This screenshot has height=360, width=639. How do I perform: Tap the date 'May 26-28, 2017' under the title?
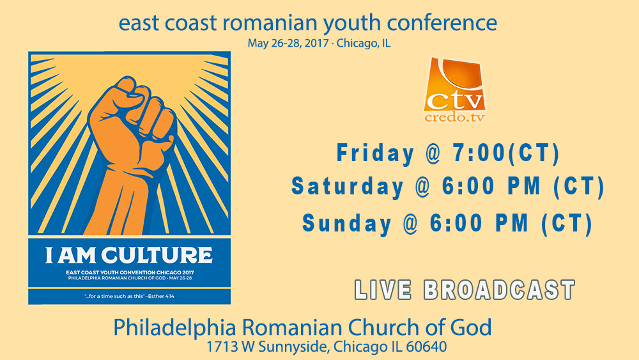(x=288, y=43)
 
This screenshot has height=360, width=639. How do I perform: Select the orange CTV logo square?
(x=454, y=84)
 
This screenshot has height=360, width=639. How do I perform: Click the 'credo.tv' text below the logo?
(x=454, y=118)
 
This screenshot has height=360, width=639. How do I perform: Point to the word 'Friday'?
(x=375, y=153)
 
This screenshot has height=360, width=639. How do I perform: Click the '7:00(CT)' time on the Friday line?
(x=505, y=153)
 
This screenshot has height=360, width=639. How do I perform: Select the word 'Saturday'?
(x=347, y=187)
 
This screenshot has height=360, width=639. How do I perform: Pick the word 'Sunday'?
(x=347, y=224)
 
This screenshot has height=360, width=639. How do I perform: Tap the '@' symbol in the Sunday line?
(x=411, y=224)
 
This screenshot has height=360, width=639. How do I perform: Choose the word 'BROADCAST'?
(x=499, y=290)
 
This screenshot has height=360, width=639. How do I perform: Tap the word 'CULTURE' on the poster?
(x=157, y=255)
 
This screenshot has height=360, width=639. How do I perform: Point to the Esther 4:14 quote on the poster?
(x=129, y=296)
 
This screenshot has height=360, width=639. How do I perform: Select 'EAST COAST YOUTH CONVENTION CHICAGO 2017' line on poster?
(x=130, y=272)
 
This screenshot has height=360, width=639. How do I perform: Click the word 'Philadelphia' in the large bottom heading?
(x=175, y=328)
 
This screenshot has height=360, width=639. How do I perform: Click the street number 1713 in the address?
(x=222, y=347)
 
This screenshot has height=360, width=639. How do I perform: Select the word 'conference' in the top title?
(x=442, y=23)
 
